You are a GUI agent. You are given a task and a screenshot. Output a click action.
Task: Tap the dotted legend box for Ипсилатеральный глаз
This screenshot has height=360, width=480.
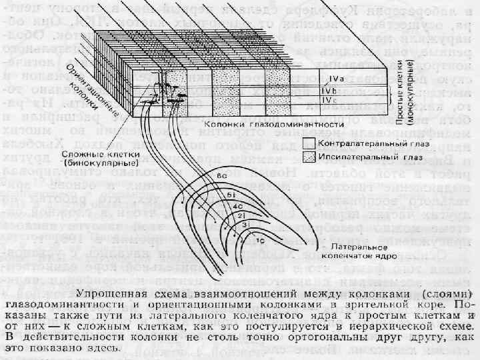point(308,157)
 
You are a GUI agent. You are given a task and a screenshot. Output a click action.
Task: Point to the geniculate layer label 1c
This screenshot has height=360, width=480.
point(261,238)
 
